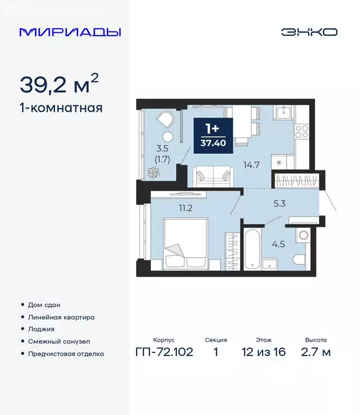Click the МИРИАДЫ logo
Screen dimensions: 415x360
pyautogui.click(x=70, y=32)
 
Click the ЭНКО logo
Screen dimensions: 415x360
pyautogui.click(x=309, y=32)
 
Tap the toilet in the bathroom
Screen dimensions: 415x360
pyautogui.click(x=302, y=236)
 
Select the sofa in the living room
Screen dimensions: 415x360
pyautogui.click(x=214, y=175)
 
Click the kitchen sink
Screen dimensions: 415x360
pyautogui.click(x=283, y=113)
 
